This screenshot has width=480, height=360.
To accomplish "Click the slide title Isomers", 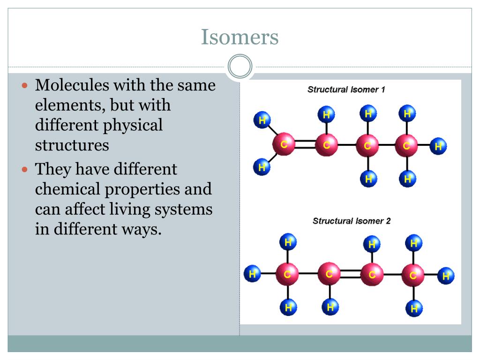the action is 240,37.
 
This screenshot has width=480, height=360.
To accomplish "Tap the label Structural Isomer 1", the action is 346,90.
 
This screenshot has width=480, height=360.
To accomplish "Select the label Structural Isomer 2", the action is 352,221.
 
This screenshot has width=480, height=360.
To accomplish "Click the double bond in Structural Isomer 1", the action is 305,144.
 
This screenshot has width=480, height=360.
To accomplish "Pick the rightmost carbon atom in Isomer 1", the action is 406,145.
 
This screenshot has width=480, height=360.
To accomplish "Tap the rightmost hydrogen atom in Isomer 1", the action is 438,146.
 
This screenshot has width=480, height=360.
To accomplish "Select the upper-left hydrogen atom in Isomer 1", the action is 262,120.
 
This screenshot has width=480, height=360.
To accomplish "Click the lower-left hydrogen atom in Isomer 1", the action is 261,167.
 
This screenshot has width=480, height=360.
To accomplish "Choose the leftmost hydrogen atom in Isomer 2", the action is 252,273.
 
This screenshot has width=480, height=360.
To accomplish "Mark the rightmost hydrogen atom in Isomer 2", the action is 445,276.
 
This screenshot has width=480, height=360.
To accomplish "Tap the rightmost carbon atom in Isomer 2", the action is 413,275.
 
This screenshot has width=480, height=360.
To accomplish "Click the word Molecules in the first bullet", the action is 72,86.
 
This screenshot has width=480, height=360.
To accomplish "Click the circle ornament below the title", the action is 240,67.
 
